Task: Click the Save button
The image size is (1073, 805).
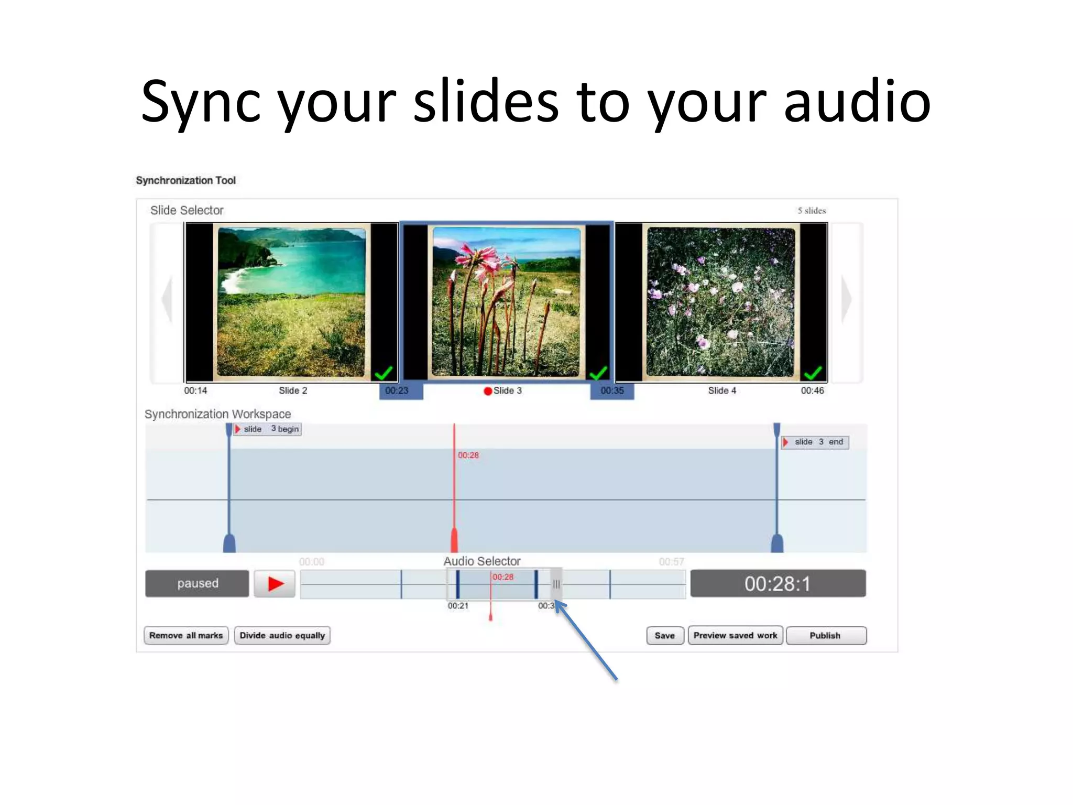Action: pyautogui.click(x=664, y=635)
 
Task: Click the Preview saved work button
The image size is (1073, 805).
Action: pyautogui.click(x=735, y=635)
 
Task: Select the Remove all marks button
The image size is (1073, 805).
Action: pyautogui.click(x=186, y=635)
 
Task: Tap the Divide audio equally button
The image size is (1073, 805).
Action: pyautogui.click(x=282, y=635)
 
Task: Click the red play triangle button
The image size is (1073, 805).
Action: pyautogui.click(x=275, y=583)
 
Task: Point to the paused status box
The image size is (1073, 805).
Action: pyautogui.click(x=197, y=583)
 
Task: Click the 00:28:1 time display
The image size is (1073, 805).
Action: pyautogui.click(x=778, y=583)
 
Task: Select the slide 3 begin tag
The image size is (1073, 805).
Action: pyautogui.click(x=268, y=429)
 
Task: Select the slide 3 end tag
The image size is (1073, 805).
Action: pyautogui.click(x=815, y=442)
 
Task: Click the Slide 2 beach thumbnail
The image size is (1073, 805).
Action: pyautogui.click(x=291, y=302)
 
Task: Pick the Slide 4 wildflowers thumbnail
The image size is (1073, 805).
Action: pyautogui.click(x=721, y=302)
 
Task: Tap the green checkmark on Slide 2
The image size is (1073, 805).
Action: pyautogui.click(x=384, y=373)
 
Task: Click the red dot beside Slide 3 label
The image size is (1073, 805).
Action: pyautogui.click(x=488, y=391)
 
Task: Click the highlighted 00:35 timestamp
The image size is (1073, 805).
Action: pyautogui.click(x=612, y=391)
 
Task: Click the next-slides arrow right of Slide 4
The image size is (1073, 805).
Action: pyautogui.click(x=846, y=300)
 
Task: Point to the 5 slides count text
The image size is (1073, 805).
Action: pyautogui.click(x=812, y=211)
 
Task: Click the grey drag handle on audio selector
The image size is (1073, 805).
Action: pyautogui.click(x=556, y=584)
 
